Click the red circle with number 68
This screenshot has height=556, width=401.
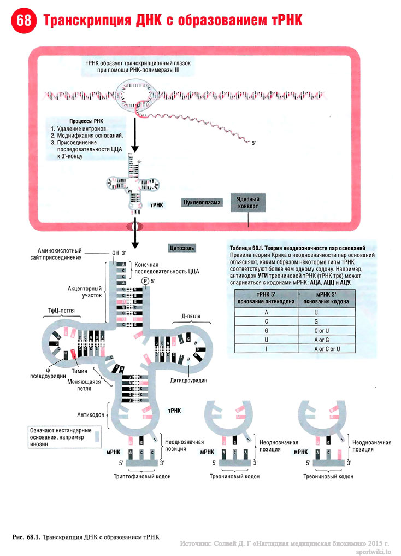(23, 21)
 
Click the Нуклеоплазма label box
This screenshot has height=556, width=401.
(202, 202)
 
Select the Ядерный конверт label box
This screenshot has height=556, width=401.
(247, 202)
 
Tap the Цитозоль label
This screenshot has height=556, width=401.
(182, 248)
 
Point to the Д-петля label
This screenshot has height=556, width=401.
(192, 317)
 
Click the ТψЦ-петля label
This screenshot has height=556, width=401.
(61, 311)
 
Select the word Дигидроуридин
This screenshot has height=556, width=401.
(188, 379)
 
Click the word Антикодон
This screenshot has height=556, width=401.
(90, 414)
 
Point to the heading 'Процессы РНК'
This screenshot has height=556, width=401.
(86, 121)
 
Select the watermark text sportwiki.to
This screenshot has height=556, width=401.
(375, 552)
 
